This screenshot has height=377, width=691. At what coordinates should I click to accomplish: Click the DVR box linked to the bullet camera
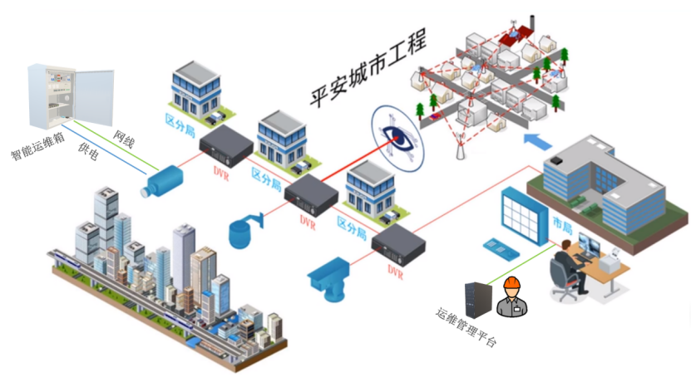pos(225,145)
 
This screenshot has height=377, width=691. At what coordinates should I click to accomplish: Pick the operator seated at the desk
pos(569,266)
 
